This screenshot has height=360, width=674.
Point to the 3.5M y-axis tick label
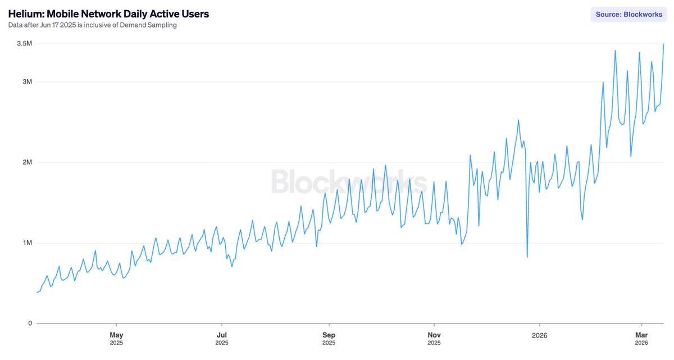(24, 44)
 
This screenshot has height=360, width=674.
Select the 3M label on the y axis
(26, 82)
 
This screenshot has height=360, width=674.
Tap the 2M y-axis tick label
(26, 162)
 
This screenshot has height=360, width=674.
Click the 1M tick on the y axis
(26, 243)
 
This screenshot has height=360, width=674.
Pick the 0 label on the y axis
(30, 323)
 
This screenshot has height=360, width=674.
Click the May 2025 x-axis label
(116, 338)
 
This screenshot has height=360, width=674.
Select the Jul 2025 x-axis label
(222, 338)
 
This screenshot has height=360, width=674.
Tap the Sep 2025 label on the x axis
(329, 338)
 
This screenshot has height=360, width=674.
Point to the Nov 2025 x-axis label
(434, 338)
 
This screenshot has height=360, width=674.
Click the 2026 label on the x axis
(540, 334)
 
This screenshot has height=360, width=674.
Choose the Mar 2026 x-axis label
(641, 338)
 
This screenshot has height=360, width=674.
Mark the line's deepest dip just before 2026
(527, 257)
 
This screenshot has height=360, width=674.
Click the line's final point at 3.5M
(664, 44)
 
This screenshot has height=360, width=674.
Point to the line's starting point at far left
(37, 292)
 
